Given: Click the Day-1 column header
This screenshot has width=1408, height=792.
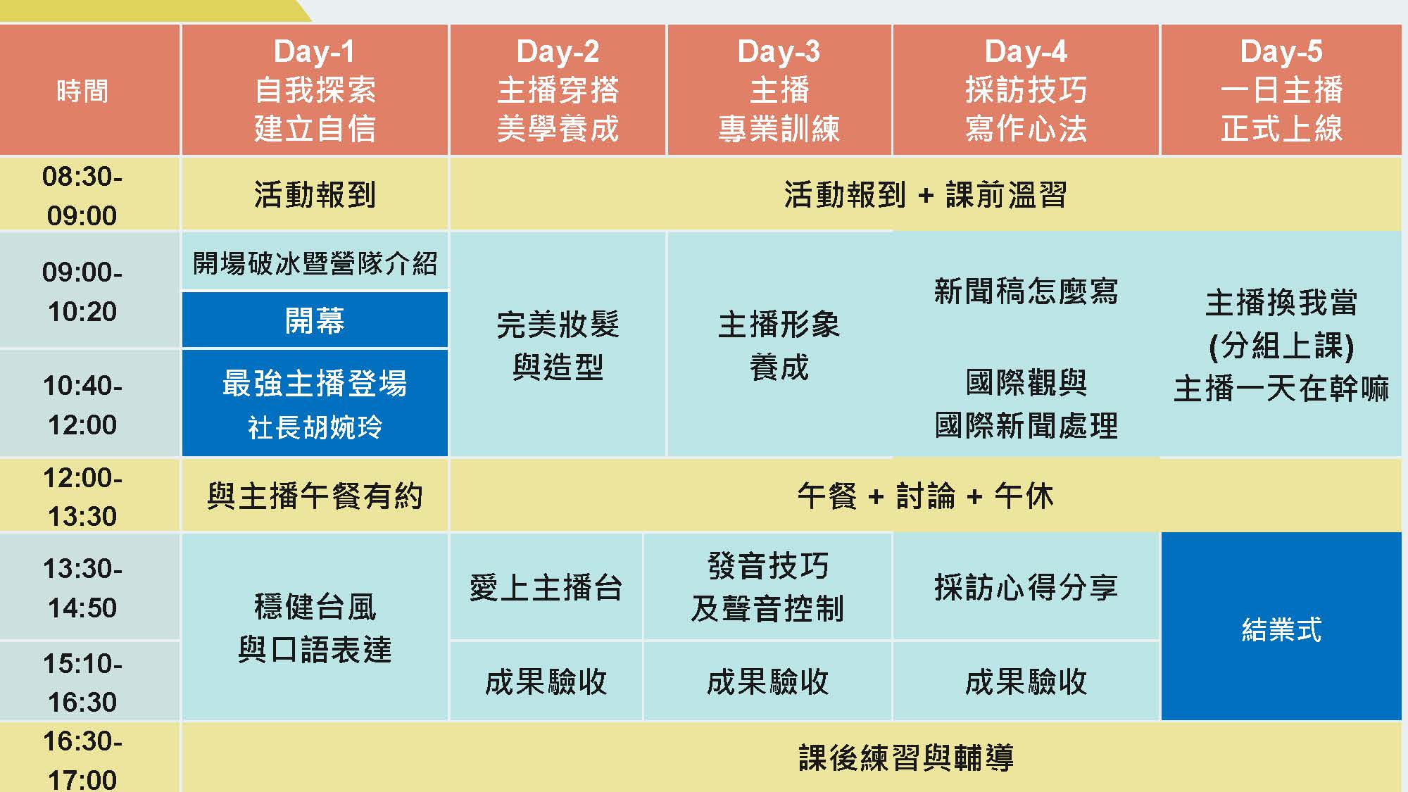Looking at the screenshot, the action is point(315,90).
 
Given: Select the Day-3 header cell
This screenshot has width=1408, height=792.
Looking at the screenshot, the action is point(779,90).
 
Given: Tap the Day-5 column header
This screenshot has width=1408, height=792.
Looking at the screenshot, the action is point(1281,90).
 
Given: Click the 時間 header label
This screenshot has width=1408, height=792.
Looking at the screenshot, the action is point(82,91).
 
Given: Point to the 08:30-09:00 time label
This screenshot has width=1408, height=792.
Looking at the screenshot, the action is point(82,195).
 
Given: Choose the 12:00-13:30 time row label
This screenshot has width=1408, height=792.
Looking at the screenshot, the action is point(82,496).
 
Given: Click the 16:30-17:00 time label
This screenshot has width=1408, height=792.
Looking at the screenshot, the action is point(82,760).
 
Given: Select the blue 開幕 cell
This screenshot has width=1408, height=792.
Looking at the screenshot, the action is point(315,320).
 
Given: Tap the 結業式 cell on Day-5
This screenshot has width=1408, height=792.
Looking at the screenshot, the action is point(1281,627).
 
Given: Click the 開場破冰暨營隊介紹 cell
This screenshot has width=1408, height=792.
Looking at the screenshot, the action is point(315,262).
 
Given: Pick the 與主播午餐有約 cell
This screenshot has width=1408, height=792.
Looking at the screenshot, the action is point(315,496).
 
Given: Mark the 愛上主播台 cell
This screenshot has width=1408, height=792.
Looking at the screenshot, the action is point(546,586).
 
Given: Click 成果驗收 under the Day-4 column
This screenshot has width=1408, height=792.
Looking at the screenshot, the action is point(1026,681).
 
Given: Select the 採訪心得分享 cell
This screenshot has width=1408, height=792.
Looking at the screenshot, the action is point(1026,586).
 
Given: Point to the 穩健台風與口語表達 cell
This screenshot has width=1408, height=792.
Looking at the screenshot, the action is point(315,627).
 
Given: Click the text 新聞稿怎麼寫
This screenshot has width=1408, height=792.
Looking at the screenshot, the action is point(1026,291).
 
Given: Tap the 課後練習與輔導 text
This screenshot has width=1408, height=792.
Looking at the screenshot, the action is point(906,758).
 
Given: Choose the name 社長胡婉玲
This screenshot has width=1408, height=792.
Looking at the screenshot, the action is point(315,427).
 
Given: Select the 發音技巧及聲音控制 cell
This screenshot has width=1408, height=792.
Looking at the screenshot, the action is point(767,586).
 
